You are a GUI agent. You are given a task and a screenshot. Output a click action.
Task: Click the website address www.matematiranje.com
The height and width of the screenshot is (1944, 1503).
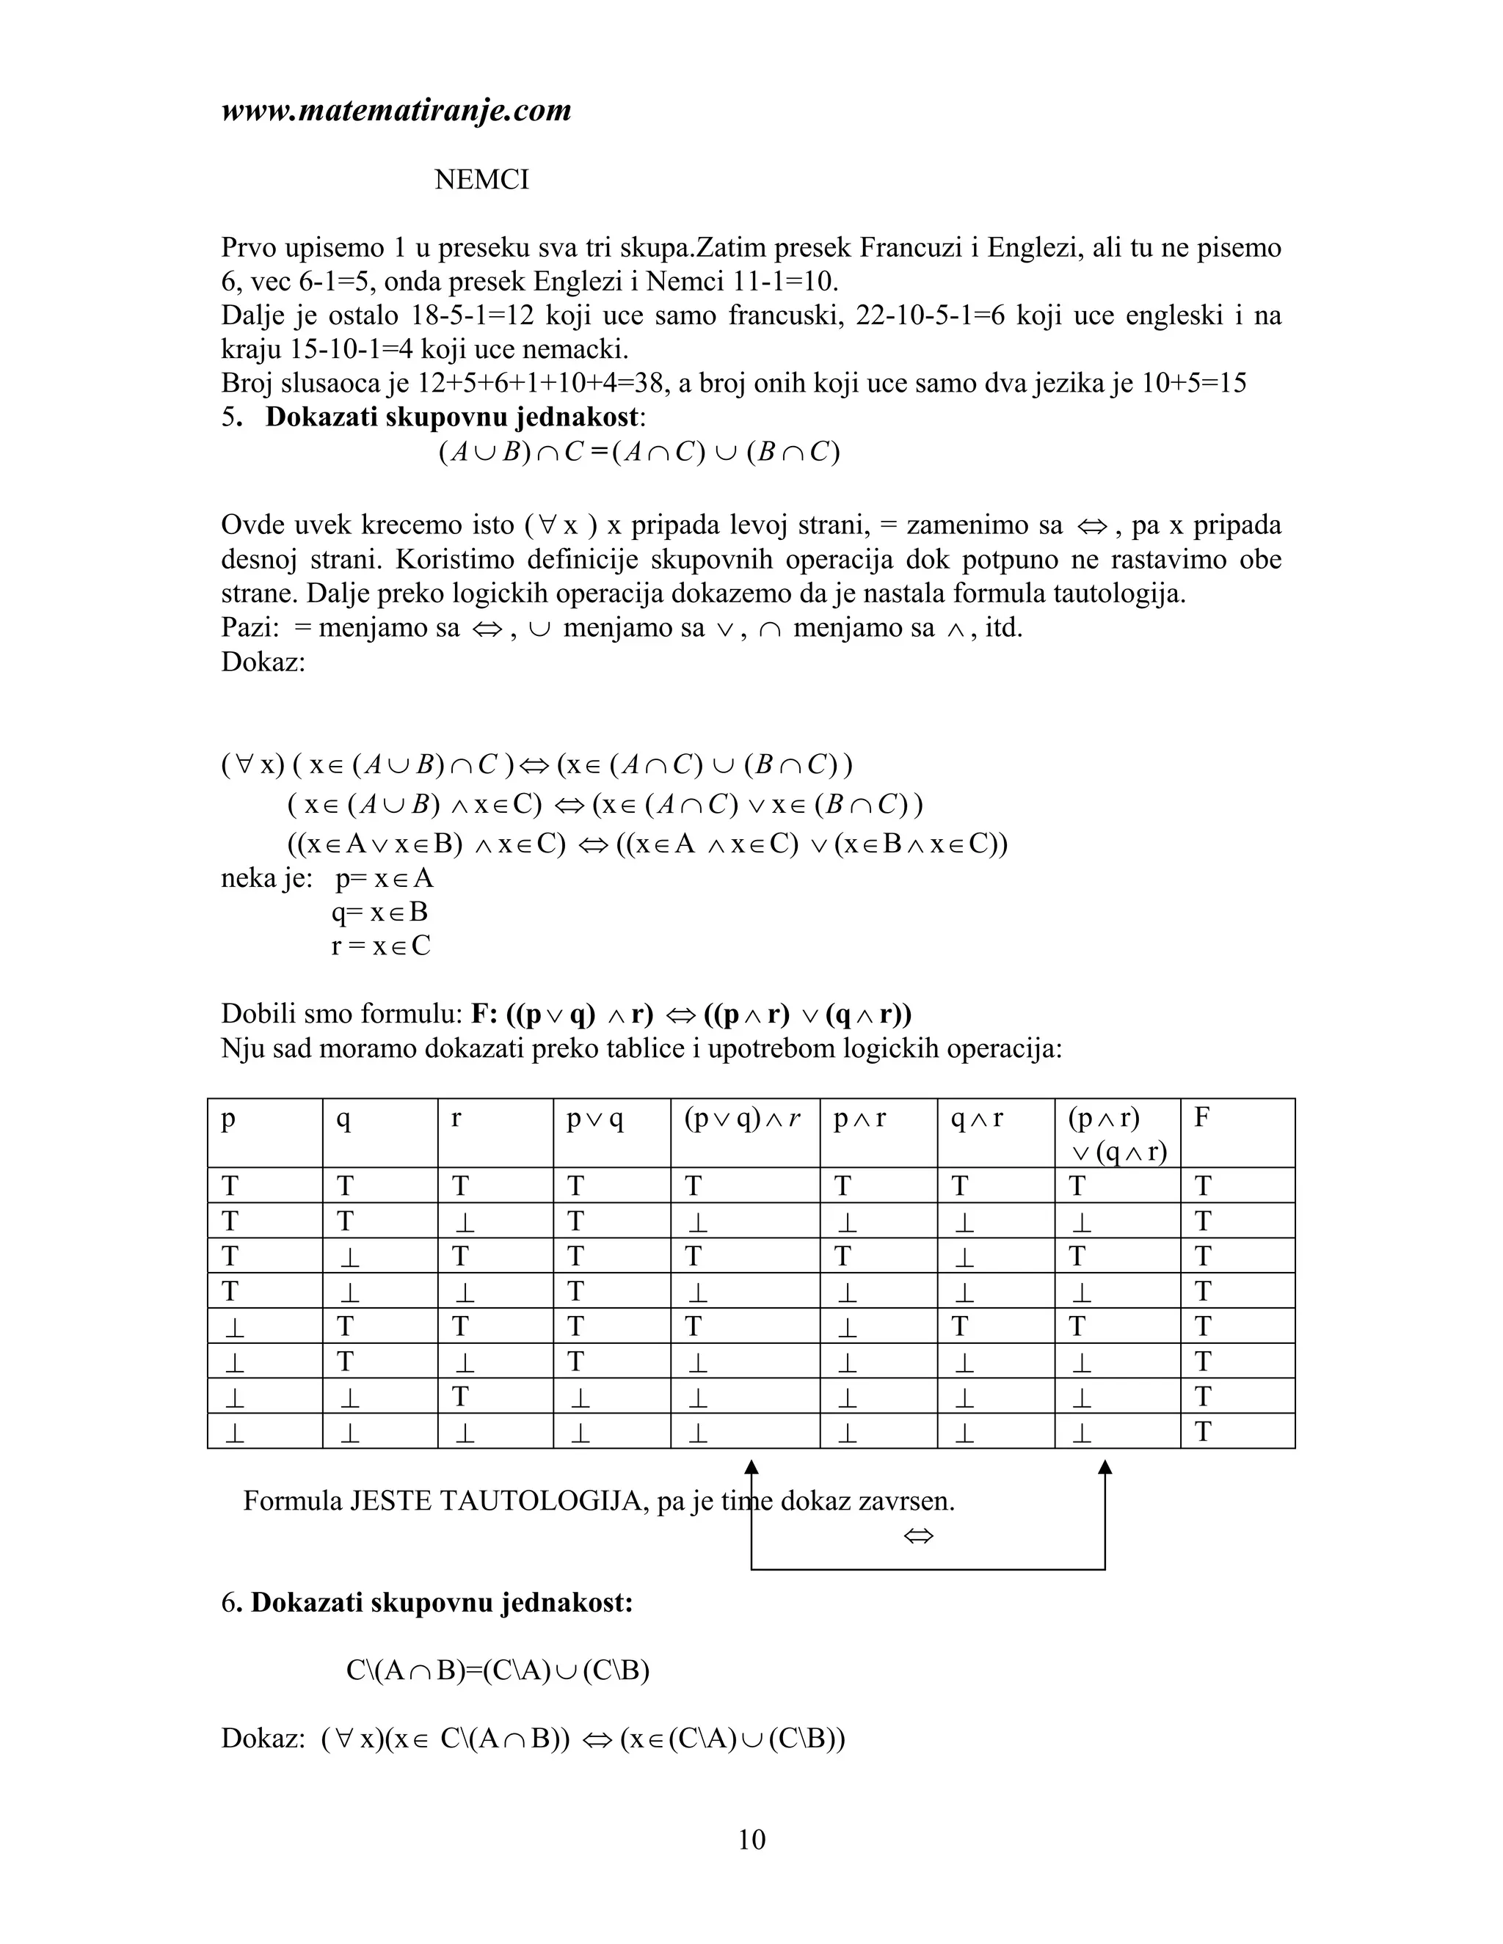point(396,110)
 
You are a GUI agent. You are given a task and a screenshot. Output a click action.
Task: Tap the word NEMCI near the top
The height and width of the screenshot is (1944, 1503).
point(481,180)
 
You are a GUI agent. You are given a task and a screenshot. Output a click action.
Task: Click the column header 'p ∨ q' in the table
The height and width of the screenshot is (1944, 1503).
point(594,1118)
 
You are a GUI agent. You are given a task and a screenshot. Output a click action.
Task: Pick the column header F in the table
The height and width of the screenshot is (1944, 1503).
point(1202,1117)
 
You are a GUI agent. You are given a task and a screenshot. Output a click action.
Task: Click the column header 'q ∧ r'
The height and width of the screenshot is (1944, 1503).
point(977,1118)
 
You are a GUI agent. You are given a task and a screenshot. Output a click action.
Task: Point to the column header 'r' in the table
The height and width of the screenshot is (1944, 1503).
point(456,1118)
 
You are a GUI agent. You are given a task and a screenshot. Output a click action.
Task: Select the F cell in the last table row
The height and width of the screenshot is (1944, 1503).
point(1203,1431)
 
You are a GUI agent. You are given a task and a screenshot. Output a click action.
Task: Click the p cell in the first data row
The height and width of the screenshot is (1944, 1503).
point(230,1186)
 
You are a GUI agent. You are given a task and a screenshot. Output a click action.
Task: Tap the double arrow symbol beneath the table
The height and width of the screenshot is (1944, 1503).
point(918,1535)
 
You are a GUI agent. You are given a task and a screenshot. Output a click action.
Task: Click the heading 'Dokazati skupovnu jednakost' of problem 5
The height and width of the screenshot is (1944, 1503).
point(452,417)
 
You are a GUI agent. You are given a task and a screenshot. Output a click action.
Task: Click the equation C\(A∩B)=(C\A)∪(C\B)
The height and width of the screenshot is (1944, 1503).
point(498,1670)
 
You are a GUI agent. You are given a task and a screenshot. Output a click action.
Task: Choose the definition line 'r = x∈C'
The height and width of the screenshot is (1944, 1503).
point(380,946)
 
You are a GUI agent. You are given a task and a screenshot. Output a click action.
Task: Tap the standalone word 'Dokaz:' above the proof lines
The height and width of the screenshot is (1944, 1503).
point(263,662)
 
